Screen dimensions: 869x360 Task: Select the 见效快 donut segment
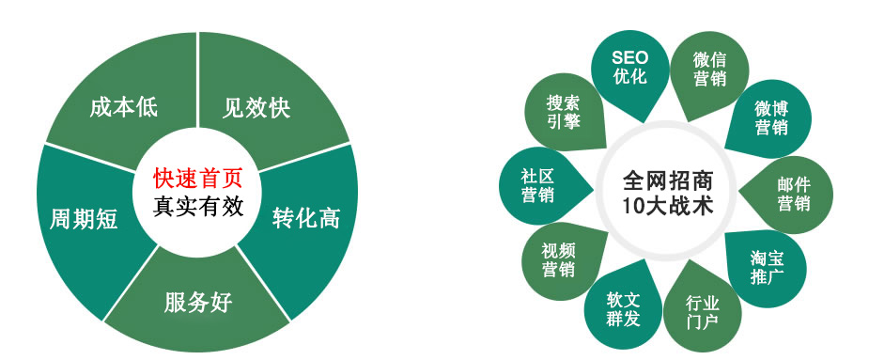[256, 107]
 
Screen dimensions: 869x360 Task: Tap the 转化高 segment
[306, 218]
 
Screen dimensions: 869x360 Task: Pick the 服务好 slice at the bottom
[198, 303]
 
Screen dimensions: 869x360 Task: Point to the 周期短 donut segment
[84, 219]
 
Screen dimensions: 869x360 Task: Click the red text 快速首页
[197, 177]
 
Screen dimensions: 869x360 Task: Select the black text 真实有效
[197, 204]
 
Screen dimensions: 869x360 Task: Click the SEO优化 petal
[629, 68]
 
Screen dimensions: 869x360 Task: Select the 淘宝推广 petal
[767, 266]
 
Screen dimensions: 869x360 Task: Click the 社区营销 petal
[538, 185]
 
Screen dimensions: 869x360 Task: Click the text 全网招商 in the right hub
[667, 178]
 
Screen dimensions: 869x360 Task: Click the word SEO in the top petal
[629, 58]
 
